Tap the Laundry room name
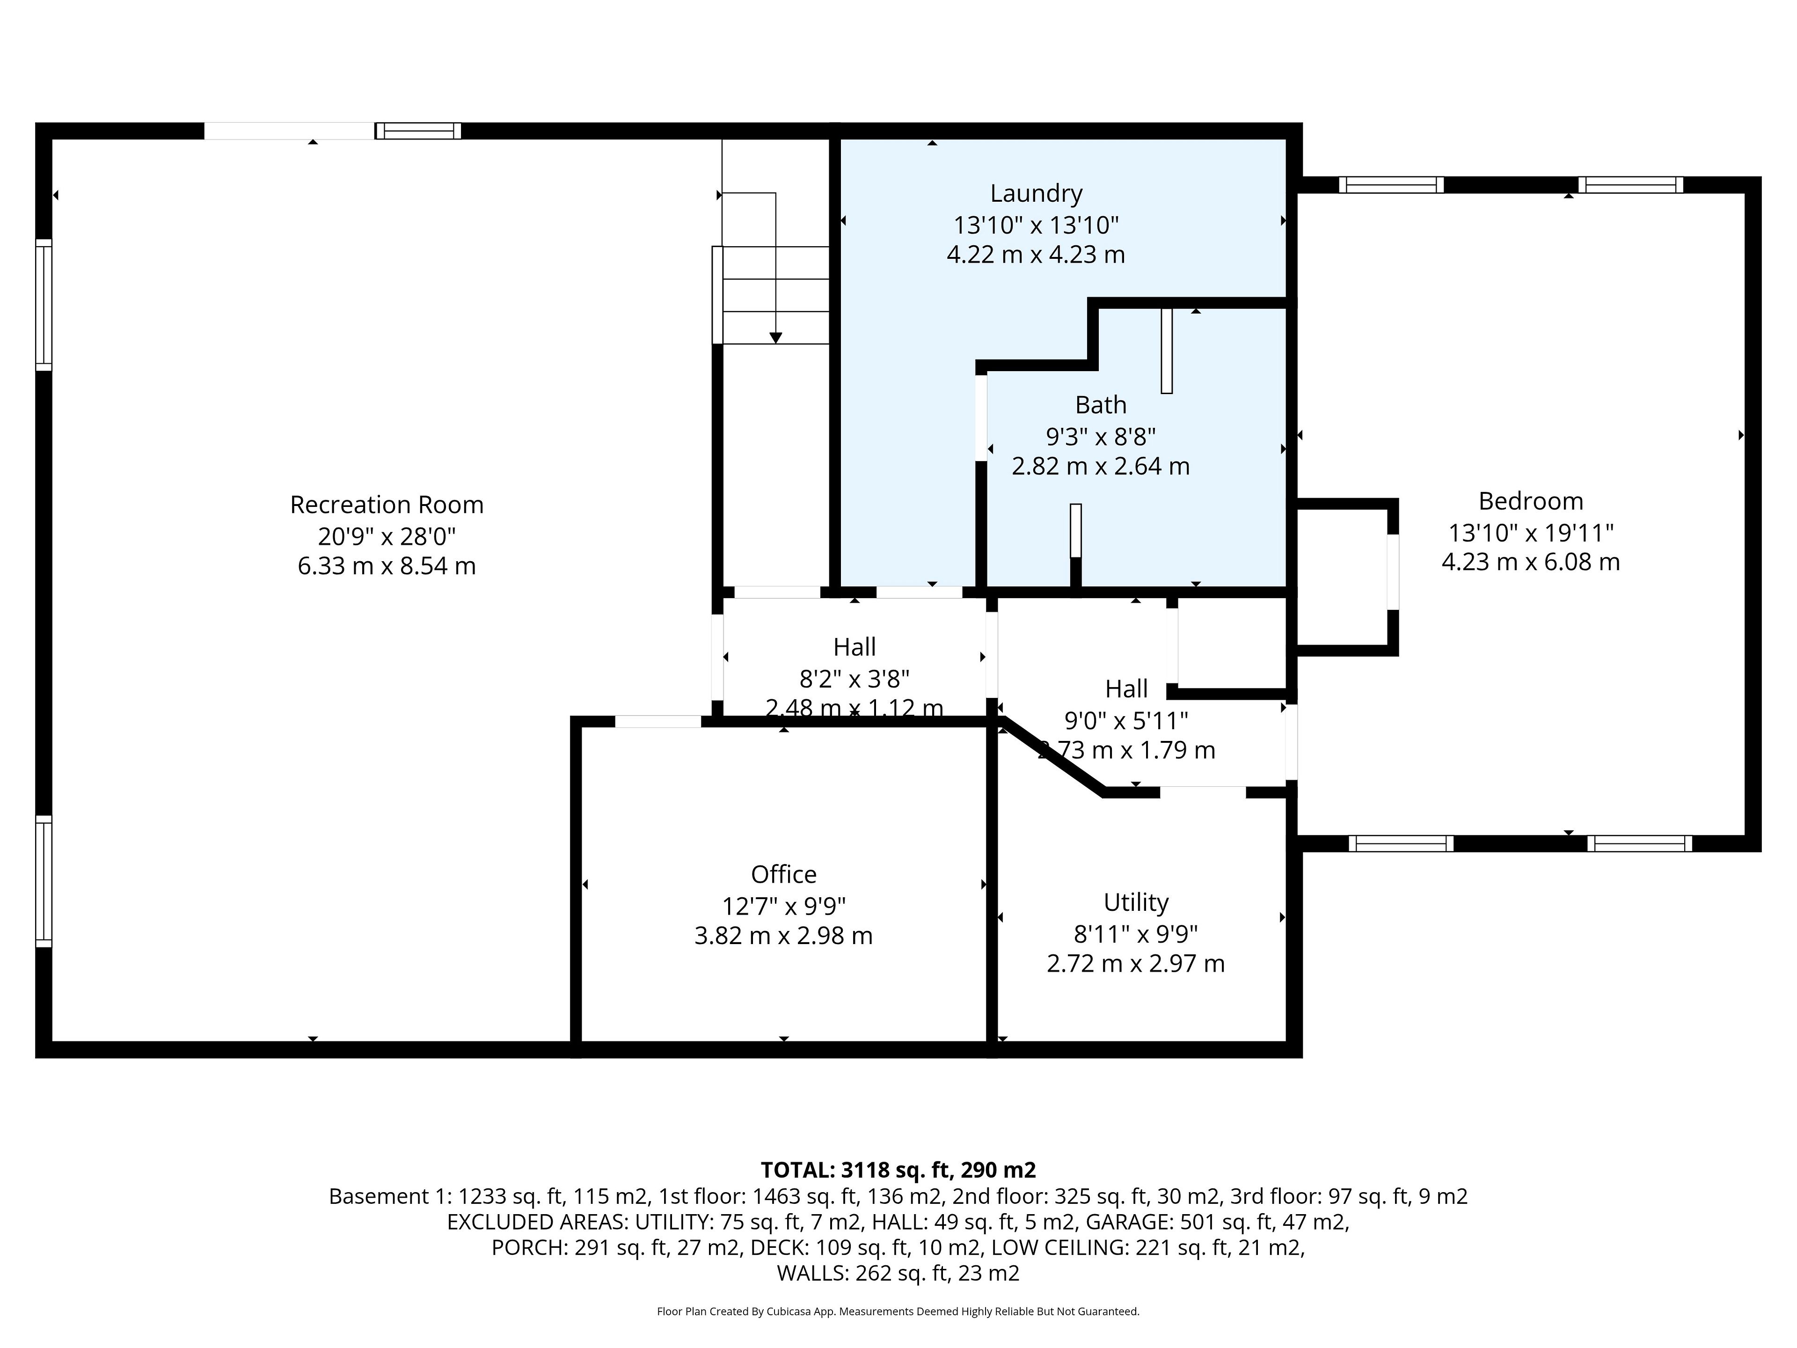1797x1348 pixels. pyautogui.click(x=1036, y=193)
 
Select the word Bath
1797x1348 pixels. pyautogui.click(x=1101, y=405)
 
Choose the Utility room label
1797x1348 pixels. pyautogui.click(x=1136, y=903)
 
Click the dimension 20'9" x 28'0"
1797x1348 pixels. pyautogui.click(x=387, y=536)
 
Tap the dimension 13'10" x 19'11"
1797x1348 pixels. pyautogui.click(x=1531, y=533)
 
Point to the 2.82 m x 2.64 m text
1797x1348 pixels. pyautogui.click(x=1101, y=466)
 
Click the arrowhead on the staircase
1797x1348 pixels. pyautogui.click(x=776, y=338)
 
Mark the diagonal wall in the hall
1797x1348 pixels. pyautogui.click(x=1053, y=755)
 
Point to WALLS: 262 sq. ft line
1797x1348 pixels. pyautogui.click(x=898, y=1273)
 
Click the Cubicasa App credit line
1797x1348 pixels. pyautogui.click(x=898, y=1311)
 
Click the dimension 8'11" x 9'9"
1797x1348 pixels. pyautogui.click(x=1136, y=934)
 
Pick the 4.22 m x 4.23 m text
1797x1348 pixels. pyautogui.click(x=1036, y=255)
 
